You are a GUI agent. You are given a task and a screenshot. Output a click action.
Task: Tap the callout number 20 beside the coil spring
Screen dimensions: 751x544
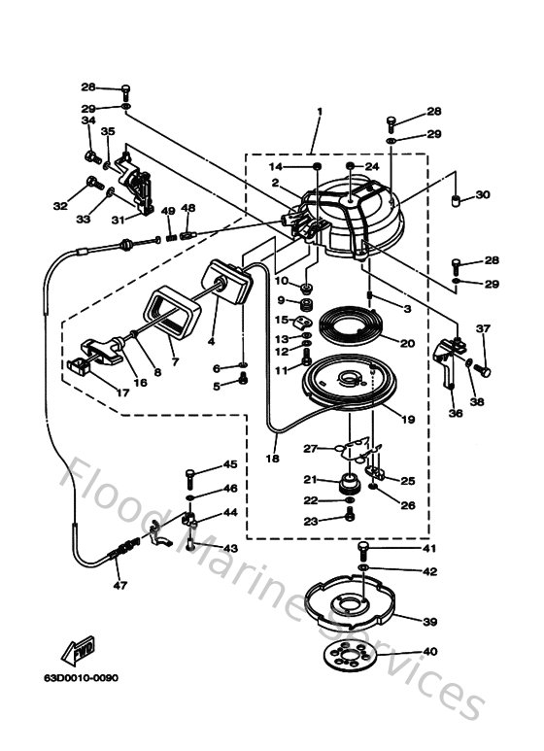click(406, 342)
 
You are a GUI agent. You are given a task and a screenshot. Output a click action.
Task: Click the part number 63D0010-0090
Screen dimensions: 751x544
click(81, 678)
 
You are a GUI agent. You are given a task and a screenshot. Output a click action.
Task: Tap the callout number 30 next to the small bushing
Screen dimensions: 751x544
click(482, 195)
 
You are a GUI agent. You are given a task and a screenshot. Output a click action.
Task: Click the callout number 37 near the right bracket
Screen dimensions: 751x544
click(482, 327)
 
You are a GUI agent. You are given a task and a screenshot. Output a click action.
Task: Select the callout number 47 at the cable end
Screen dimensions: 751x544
click(120, 586)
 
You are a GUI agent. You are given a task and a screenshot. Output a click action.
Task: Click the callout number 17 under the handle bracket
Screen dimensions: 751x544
click(121, 393)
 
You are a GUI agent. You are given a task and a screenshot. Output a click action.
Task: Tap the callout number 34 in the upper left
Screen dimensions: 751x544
click(88, 120)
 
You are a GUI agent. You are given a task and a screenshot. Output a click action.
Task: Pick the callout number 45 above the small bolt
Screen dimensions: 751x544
click(230, 464)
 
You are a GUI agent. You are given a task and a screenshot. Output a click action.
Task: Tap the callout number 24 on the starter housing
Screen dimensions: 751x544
click(370, 166)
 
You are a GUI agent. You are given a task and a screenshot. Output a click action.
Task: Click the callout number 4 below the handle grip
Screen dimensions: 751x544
click(210, 341)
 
